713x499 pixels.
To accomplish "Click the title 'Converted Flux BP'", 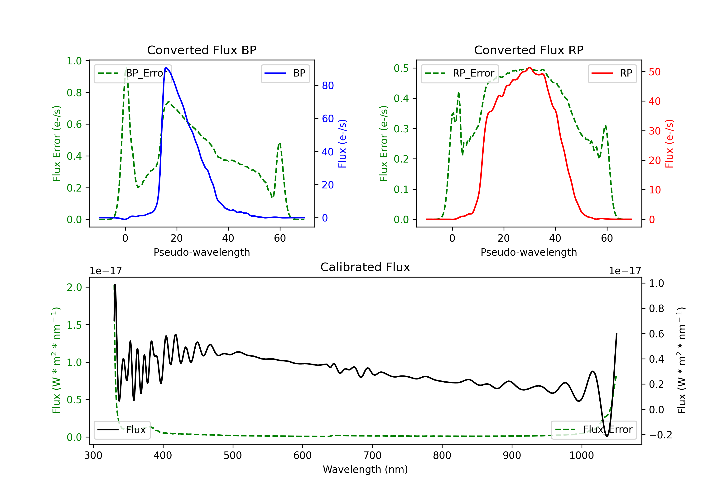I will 202,50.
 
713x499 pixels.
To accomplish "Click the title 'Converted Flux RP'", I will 529,50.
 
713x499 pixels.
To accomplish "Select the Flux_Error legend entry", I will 593,430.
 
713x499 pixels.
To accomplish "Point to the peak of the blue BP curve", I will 166,67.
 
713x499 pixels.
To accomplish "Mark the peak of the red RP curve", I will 530,67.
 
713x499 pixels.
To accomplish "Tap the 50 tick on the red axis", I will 655,72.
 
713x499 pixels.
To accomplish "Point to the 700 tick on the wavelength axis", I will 372,456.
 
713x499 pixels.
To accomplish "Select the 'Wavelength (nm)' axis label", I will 365,469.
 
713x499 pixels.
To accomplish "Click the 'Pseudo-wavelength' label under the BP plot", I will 202,252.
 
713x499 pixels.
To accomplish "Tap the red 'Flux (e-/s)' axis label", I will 669,144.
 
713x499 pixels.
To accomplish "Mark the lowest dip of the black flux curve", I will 607,436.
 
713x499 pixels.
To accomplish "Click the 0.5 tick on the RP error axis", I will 401,68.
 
